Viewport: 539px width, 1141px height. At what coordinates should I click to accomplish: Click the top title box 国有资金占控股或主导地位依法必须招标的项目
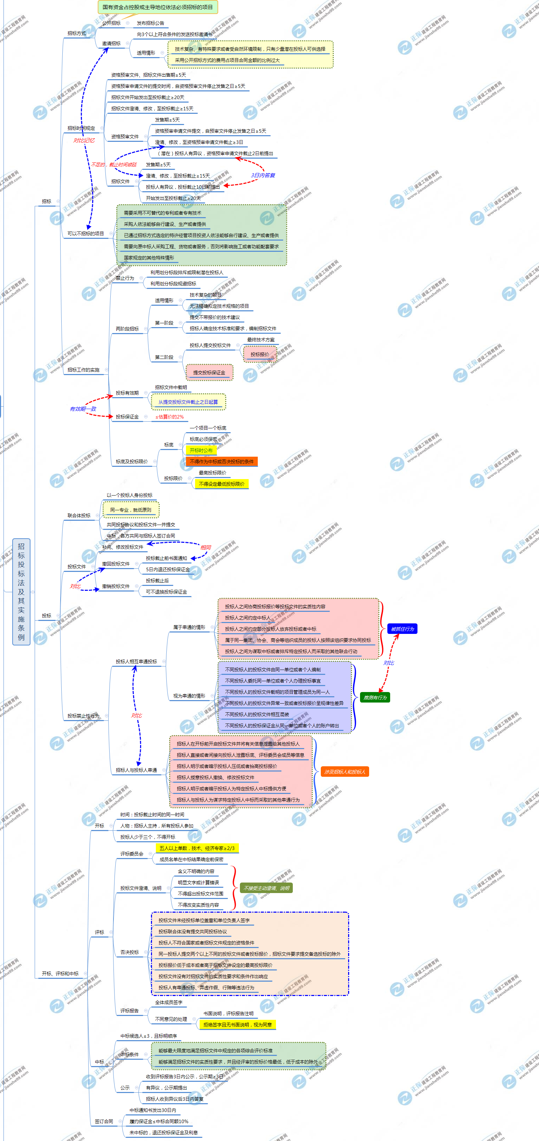[157, 7]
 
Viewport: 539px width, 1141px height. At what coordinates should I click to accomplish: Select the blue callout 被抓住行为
[402, 629]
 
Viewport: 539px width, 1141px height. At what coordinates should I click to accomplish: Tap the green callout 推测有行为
[375, 697]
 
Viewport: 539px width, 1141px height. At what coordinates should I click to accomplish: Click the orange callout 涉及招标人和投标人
[345, 772]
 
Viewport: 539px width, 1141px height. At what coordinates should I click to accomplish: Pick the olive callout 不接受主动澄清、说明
[266, 888]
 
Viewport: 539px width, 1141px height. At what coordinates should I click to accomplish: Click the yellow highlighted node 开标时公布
[201, 450]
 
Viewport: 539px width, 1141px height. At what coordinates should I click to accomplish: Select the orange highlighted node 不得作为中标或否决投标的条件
[221, 461]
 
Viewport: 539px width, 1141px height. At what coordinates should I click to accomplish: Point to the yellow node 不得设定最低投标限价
[221, 484]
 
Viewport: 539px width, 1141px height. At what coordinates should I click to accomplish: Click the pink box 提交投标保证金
[209, 373]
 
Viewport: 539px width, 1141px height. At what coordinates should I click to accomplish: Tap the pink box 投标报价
[260, 354]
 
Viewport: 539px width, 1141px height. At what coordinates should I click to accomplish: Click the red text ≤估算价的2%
[169, 416]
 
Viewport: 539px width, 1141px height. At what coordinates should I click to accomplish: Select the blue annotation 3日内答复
[263, 175]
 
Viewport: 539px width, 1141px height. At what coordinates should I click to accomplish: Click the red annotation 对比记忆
[84, 140]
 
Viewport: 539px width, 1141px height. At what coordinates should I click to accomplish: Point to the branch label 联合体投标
[79, 515]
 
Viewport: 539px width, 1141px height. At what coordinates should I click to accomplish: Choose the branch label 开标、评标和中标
[60, 973]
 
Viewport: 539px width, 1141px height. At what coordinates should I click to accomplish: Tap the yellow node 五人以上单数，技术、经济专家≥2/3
[197, 848]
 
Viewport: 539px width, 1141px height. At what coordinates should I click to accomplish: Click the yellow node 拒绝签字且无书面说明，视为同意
[237, 1024]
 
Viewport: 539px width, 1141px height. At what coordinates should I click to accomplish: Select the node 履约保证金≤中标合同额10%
[159, 1121]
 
